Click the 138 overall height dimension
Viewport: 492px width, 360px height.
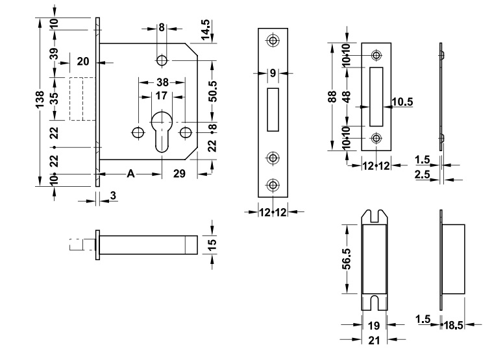click(x=40, y=100)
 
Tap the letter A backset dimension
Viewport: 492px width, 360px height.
click(x=130, y=173)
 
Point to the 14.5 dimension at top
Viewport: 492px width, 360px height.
click(x=206, y=30)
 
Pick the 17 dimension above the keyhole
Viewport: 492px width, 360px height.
click(x=161, y=95)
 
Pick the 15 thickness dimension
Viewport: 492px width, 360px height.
click(x=212, y=246)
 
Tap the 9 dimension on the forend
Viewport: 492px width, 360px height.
click(x=273, y=73)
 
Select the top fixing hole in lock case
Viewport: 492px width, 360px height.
click(x=161, y=60)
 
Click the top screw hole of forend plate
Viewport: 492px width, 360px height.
click(x=273, y=40)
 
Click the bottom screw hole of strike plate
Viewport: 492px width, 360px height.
click(x=376, y=138)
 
